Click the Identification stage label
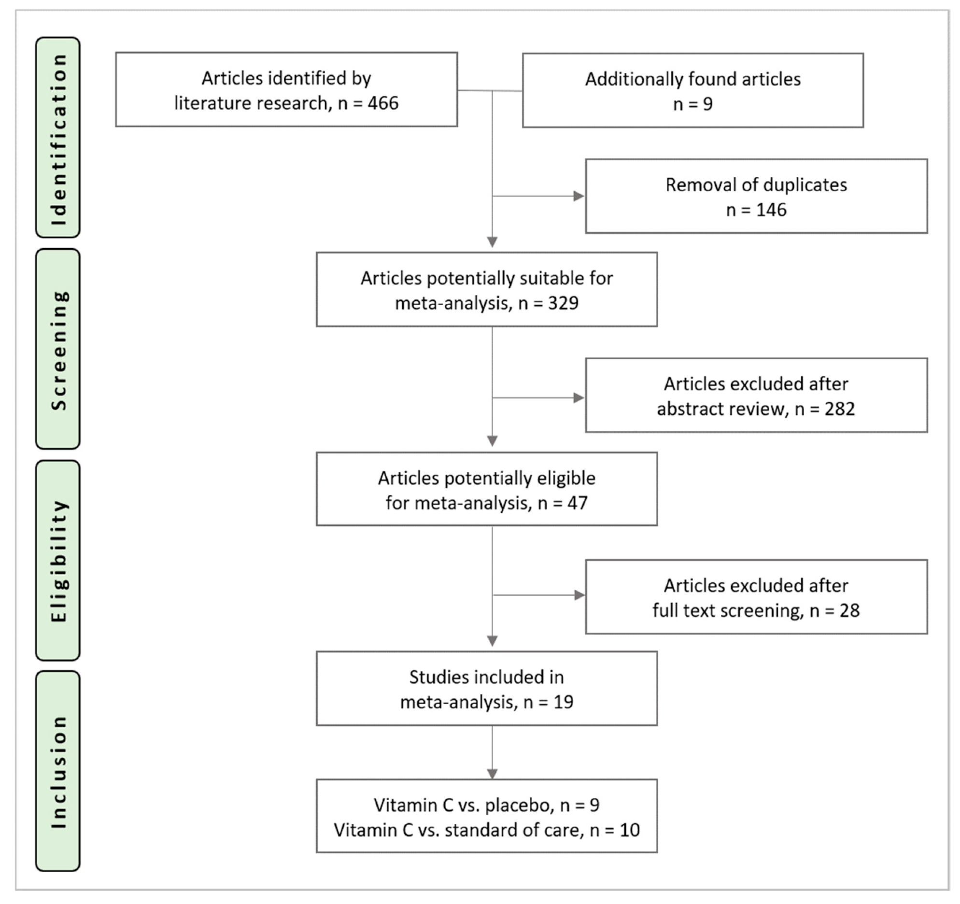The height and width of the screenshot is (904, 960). [x=58, y=138]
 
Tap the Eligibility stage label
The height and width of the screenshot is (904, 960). [x=58, y=561]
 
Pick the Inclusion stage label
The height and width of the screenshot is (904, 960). [x=58, y=772]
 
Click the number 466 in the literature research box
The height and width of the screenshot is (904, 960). [x=382, y=103]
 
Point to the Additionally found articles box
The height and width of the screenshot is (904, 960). [x=692, y=91]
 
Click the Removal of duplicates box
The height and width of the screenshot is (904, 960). [x=756, y=197]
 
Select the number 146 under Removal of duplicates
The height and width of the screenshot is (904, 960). [x=771, y=210]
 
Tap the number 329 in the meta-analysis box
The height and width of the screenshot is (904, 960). [x=563, y=303]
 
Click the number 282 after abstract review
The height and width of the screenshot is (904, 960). [x=839, y=409]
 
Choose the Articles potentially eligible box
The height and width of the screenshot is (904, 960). [x=487, y=489]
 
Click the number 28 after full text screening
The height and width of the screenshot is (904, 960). [x=849, y=611]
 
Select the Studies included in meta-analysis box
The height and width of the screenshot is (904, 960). [x=487, y=689]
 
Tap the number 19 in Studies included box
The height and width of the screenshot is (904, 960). [x=563, y=702]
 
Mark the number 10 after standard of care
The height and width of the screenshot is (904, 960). [x=630, y=830]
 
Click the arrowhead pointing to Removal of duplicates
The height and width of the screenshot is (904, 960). [x=579, y=197]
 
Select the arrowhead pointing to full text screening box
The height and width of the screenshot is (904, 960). [x=579, y=595]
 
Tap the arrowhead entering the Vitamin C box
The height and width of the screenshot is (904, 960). [x=492, y=774]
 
